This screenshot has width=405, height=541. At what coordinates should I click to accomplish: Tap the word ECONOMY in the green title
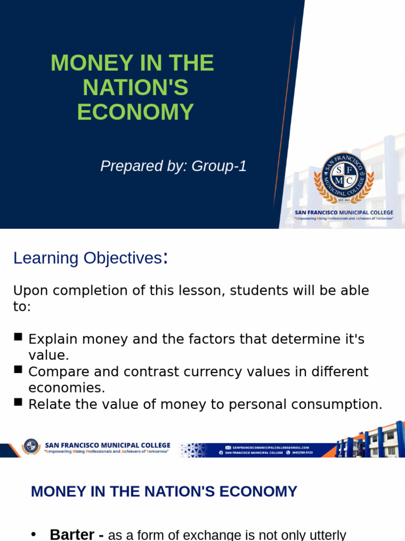(136, 112)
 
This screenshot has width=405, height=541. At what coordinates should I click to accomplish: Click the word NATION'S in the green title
(136, 88)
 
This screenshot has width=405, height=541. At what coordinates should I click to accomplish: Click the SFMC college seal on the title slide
(344, 178)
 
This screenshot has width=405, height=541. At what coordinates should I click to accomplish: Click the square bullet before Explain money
(18, 337)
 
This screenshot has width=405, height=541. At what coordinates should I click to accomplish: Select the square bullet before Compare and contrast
(18, 369)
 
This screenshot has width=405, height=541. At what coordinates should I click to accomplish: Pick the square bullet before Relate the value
(18, 402)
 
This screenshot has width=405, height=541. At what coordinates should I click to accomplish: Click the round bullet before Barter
(34, 534)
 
